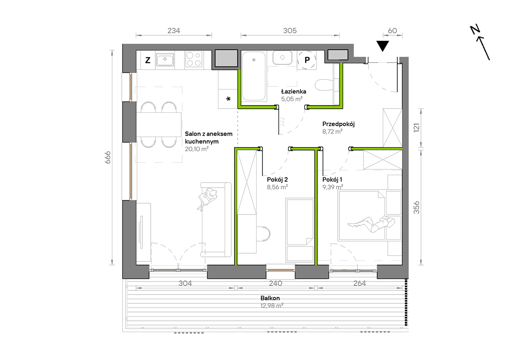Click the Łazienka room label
[293, 91]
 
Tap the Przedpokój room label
[338, 124]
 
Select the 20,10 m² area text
[197, 149]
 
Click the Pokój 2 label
[277, 180]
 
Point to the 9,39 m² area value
[332, 187]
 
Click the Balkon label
[270, 298]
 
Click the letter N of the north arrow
[475, 30]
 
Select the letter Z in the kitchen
[148, 60]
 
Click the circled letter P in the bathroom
[307, 60]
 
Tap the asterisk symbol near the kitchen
[228, 99]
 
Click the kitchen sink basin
[165, 59]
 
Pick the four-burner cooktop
[194, 59]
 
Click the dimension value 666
[107, 157]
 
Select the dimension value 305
[290, 31]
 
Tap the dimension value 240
[275, 283]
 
